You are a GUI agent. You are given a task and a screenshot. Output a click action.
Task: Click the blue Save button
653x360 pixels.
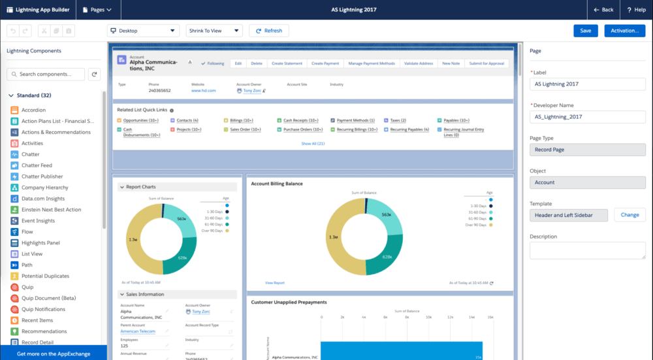pos(585,31)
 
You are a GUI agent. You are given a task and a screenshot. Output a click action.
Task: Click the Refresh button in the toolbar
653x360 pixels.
pos(268,31)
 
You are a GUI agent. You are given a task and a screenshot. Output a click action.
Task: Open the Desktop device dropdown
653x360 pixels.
pos(143,31)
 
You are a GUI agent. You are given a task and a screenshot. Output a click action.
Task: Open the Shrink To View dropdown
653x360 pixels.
pos(214,31)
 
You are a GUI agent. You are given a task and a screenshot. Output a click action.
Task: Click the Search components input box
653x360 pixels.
pos(46,74)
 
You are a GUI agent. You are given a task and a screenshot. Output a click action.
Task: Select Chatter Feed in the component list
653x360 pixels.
pos(37,165)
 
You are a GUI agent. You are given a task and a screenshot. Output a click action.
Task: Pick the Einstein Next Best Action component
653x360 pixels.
pos(51,210)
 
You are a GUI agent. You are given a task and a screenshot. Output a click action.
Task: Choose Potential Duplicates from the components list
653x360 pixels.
pos(45,276)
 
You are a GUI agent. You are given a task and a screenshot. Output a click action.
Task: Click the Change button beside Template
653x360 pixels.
pos(629,215)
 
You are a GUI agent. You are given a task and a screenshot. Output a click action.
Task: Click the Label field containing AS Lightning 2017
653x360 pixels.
pos(587,84)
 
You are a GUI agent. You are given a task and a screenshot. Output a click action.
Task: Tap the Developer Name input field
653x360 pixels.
pos(587,116)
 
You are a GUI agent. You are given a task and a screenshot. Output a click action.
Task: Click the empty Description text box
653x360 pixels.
pos(587,251)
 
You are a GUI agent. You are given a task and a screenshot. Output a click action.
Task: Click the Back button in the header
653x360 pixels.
pos(603,10)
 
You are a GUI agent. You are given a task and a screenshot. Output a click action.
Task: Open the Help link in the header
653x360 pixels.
pos(636,10)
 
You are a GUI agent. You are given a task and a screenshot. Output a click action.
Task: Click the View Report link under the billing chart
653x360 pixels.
pos(275,283)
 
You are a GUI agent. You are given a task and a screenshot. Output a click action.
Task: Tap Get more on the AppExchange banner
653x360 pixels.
pos(54,353)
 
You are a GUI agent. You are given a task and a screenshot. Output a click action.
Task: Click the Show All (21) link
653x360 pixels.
pos(313,143)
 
